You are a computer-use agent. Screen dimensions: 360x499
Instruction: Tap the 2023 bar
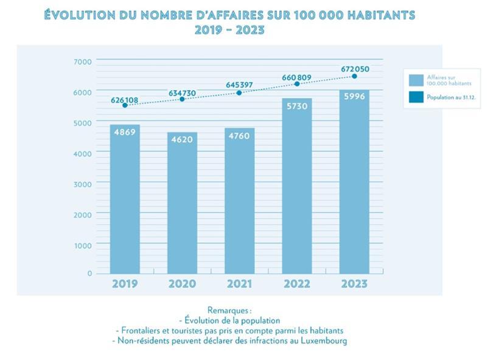(x=354, y=182)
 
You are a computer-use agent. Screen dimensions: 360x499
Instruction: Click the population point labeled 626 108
(x=125, y=105)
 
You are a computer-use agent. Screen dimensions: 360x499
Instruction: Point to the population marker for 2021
(x=239, y=92)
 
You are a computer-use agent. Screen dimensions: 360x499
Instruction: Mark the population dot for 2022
(x=297, y=84)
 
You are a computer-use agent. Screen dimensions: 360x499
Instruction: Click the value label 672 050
(x=355, y=69)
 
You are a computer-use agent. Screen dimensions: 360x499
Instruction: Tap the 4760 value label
(x=240, y=136)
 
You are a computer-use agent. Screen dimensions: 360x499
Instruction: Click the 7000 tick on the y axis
(x=83, y=61)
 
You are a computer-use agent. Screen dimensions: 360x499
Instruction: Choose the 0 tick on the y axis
(x=89, y=273)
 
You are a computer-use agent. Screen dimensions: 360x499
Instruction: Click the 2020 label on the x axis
(x=182, y=284)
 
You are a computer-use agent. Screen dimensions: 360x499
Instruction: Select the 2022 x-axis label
(x=297, y=284)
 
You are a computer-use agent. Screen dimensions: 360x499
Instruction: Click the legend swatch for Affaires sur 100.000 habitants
(x=416, y=80)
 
